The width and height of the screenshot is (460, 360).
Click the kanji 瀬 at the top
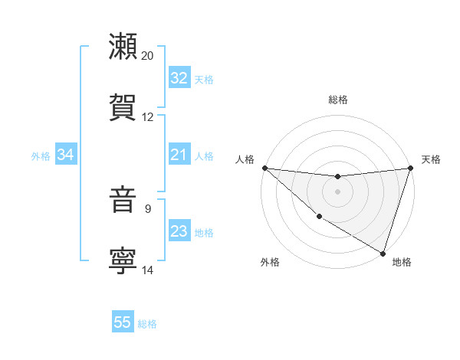tap(123, 47)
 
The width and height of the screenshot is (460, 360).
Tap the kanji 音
tap(123, 200)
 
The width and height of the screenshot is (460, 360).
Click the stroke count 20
tap(148, 56)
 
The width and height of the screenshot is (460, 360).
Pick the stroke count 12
tap(148, 117)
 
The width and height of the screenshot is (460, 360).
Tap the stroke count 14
tap(148, 270)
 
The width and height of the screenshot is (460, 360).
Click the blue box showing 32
tap(179, 78)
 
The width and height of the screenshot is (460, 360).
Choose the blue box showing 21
tap(179, 155)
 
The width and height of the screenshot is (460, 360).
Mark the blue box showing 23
tap(179, 232)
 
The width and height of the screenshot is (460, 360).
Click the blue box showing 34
tap(65, 155)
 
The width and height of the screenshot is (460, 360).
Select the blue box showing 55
tap(123, 322)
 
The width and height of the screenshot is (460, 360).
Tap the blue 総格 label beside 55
tap(147, 324)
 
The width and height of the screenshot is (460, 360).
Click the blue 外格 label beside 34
tap(41, 156)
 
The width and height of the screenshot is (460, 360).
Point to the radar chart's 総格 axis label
tap(338, 100)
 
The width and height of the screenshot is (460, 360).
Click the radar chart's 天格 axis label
tap(431, 159)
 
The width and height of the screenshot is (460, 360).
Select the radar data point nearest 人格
tap(264, 168)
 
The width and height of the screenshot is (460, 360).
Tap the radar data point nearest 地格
tap(383, 253)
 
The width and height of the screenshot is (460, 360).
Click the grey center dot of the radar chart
tap(337, 191)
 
